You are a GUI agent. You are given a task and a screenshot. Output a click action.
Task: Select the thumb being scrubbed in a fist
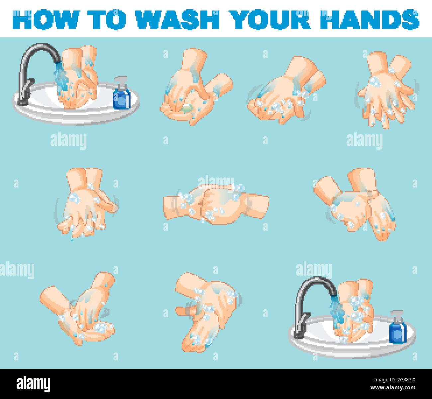[x=186, y=311]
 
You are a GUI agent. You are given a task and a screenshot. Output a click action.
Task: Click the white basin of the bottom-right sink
[x=352, y=346]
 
